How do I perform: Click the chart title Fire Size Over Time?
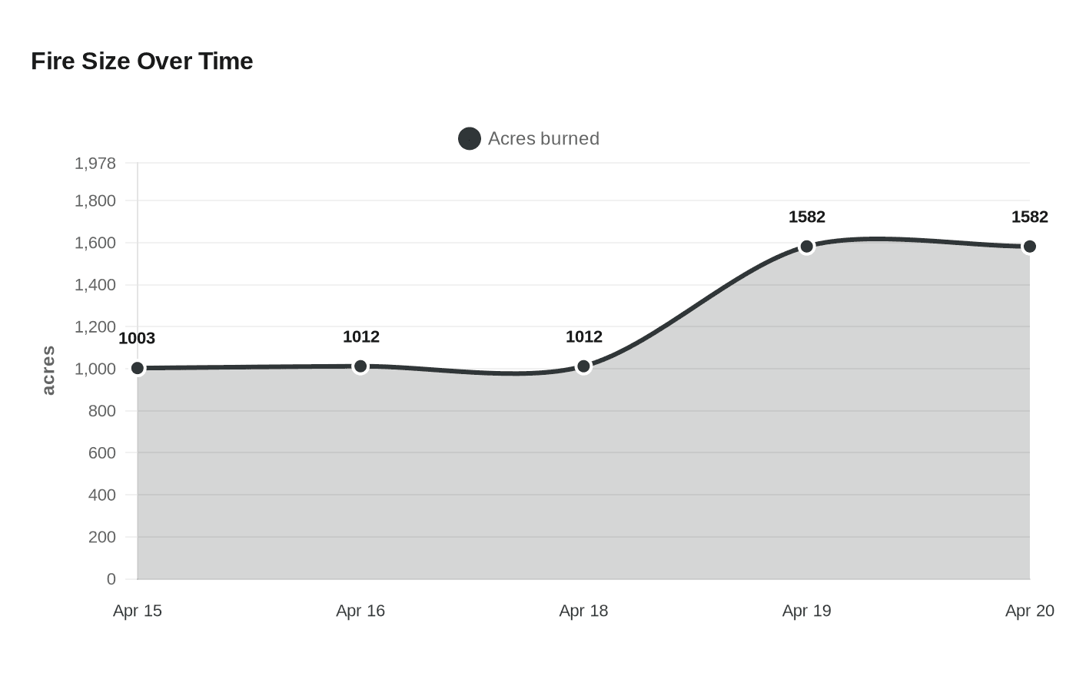pyautogui.click(x=142, y=61)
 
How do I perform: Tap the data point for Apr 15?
pyautogui.click(x=138, y=368)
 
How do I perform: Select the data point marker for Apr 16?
pyautogui.click(x=360, y=366)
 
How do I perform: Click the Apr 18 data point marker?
pyautogui.click(x=583, y=366)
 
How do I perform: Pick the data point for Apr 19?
pyautogui.click(x=806, y=247)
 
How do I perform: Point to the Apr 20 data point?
pyautogui.click(x=1029, y=247)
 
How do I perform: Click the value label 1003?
pyautogui.click(x=137, y=338)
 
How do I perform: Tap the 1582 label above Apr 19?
pyautogui.click(x=806, y=217)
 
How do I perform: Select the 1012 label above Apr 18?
pyautogui.click(x=583, y=336)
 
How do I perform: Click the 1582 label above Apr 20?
pyautogui.click(x=1029, y=217)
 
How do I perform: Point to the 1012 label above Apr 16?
pyautogui.click(x=360, y=336)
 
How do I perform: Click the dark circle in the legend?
pyautogui.click(x=470, y=138)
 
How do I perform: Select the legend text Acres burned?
pyautogui.click(x=543, y=138)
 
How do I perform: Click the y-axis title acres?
pyautogui.click(x=48, y=370)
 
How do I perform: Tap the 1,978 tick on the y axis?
pyautogui.click(x=95, y=163)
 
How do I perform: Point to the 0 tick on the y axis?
pyautogui.click(x=111, y=579)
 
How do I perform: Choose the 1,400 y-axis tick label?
pyautogui.click(x=95, y=285)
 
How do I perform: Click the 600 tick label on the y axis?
pyautogui.click(x=102, y=453)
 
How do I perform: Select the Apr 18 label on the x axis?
pyautogui.click(x=583, y=611)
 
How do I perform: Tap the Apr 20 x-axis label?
pyautogui.click(x=1029, y=611)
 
